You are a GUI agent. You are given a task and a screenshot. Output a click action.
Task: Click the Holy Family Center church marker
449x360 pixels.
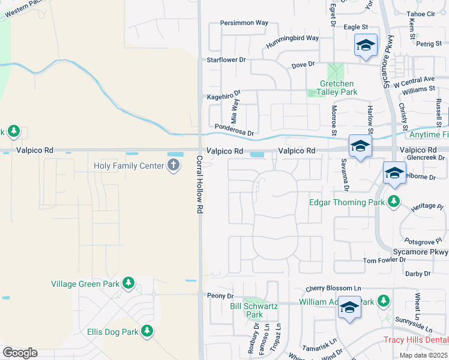pos(173,165)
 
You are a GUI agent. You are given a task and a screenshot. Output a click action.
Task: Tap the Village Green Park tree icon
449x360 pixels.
pos(128,283)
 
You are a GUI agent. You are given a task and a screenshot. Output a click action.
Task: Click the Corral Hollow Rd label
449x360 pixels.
pos(199,185)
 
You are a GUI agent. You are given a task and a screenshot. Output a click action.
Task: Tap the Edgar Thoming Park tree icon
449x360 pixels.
pos(394,202)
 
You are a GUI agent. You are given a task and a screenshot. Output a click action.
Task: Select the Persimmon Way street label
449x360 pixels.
pos(244,23)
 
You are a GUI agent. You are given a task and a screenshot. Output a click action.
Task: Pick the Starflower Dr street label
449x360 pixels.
pos(226,60)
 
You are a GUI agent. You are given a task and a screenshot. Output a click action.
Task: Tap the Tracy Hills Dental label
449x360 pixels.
pos(416,340)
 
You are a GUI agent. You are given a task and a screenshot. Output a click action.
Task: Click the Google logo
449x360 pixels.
pos(20,353)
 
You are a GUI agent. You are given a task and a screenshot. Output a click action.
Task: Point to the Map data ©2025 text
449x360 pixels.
pos(424,355)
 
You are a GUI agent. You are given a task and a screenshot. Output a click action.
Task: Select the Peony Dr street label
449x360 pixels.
pos(220,296)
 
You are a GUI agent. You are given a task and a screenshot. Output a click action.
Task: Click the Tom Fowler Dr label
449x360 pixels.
pos(389,261)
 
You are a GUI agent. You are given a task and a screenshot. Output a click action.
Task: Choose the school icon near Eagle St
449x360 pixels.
pos(365,46)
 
